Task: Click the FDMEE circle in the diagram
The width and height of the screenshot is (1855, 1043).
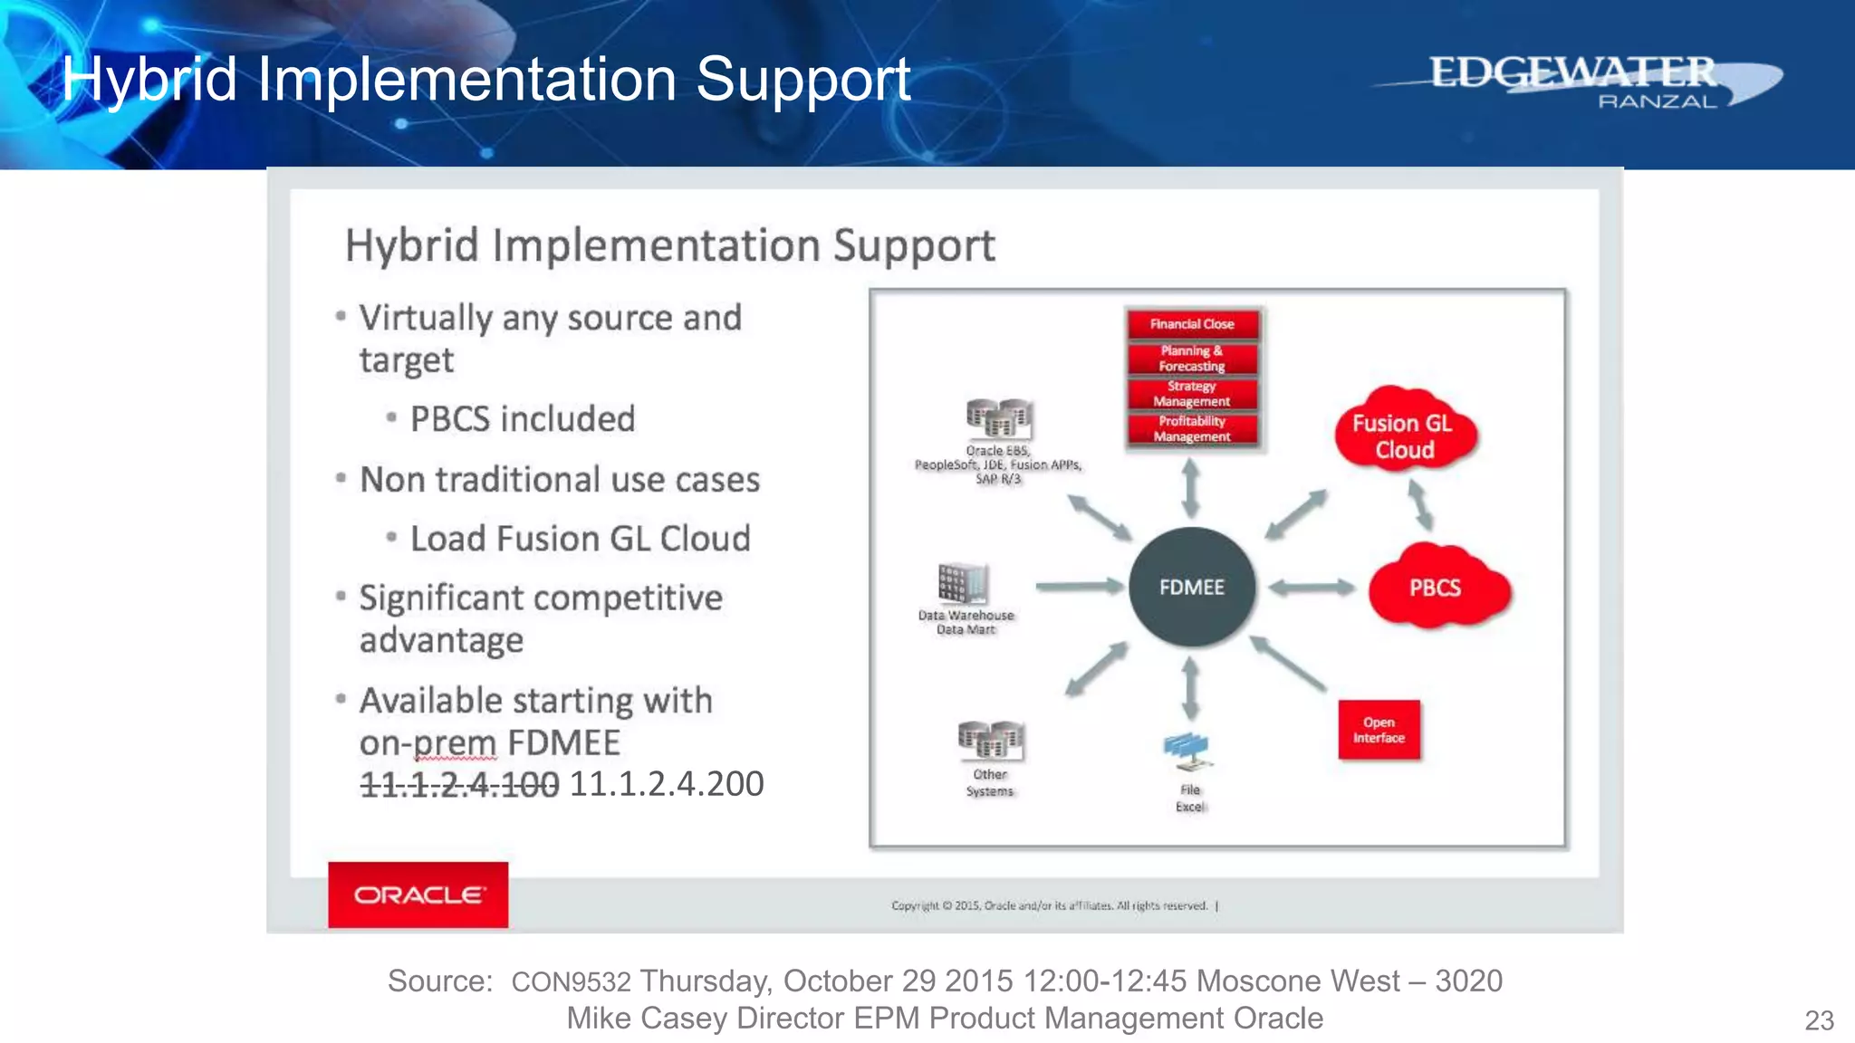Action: tap(1191, 587)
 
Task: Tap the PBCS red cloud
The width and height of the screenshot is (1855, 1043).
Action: tap(1437, 588)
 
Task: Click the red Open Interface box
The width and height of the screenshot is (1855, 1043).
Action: tap(1379, 730)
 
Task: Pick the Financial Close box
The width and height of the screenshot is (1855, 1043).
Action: tap(1192, 324)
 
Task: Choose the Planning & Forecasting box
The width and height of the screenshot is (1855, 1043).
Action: tap(1192, 359)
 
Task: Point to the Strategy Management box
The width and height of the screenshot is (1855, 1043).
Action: tap(1192, 394)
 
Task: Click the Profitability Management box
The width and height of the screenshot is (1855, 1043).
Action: tap(1192, 429)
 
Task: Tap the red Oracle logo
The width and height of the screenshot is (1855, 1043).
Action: tap(418, 895)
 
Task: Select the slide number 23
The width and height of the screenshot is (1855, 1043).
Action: tap(1819, 1020)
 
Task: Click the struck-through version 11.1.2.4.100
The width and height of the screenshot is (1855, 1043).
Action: tap(459, 784)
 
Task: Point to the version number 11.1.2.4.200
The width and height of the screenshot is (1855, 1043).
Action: tap(667, 784)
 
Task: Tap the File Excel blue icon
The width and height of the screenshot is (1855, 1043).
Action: tap(1187, 751)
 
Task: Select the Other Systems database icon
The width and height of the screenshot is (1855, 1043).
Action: tap(991, 741)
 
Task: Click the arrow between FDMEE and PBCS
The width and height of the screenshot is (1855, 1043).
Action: tap(1311, 588)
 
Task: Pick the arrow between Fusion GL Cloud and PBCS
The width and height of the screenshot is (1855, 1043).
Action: tap(1419, 504)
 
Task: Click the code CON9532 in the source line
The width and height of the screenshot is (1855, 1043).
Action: tap(571, 982)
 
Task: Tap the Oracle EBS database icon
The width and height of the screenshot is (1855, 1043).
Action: tap(998, 418)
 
